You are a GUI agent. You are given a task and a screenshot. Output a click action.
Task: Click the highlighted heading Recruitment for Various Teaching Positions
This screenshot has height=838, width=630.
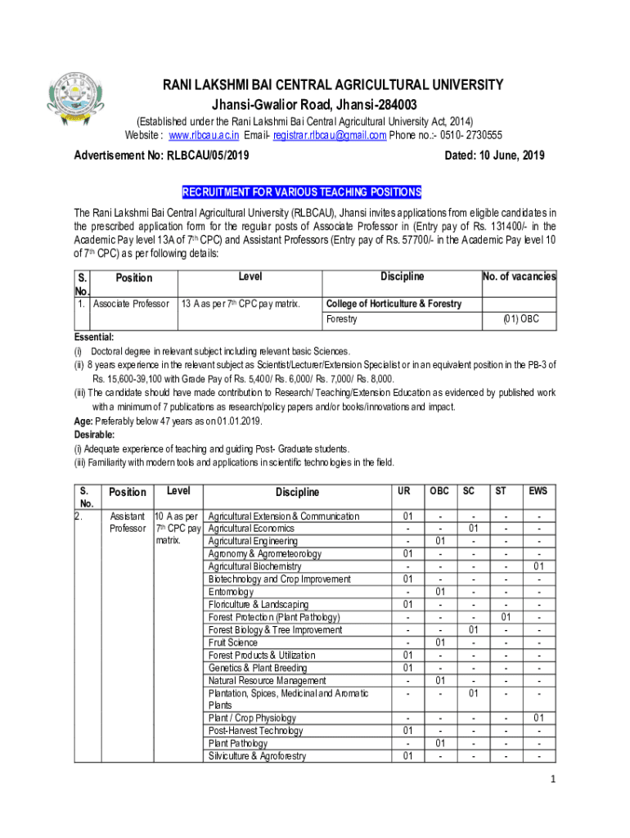(x=302, y=192)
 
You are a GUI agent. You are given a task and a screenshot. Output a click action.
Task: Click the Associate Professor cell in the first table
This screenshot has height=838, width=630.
(x=131, y=304)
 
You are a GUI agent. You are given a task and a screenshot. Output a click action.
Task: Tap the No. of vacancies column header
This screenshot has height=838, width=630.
(x=519, y=277)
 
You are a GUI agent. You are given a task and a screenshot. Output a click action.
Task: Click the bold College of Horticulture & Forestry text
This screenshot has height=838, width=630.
(x=394, y=304)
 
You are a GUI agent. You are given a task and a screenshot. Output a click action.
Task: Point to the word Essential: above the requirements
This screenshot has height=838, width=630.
(x=94, y=337)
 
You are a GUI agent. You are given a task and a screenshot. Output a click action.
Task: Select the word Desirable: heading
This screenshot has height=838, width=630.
(x=95, y=435)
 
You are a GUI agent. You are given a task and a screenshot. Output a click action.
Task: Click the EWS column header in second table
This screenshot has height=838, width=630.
(x=538, y=491)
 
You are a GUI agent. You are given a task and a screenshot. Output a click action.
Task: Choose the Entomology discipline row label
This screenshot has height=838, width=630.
(x=231, y=592)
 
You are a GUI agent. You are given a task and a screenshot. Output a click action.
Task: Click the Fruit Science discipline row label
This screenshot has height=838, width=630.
(x=232, y=642)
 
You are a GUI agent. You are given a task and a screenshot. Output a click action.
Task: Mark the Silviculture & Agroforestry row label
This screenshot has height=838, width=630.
(x=257, y=756)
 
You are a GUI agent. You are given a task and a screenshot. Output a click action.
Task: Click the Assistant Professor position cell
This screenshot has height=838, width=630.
(x=128, y=522)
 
